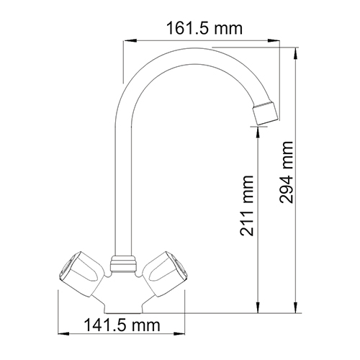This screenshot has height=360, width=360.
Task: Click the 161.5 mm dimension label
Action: [x=204, y=29]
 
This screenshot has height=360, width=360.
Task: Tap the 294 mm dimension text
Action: [x=287, y=172]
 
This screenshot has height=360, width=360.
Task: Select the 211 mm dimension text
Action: [x=247, y=206]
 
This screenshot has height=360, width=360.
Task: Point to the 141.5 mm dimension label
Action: [x=122, y=325]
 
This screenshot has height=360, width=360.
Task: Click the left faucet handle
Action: [x=81, y=274]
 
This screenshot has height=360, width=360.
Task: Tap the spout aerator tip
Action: [x=266, y=113]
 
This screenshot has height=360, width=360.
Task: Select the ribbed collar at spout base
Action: [x=124, y=264]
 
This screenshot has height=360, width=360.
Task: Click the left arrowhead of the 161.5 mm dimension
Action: [x=128, y=40]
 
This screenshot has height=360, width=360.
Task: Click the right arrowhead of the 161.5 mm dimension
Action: [x=274, y=40]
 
